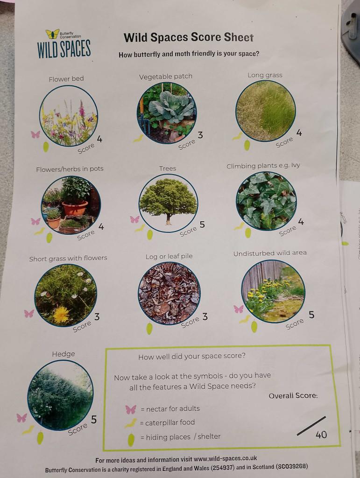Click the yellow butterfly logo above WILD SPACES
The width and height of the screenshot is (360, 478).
[x=52, y=34]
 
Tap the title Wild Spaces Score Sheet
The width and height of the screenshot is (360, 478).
[x=188, y=37]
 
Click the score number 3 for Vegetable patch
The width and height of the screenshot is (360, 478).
[x=200, y=135]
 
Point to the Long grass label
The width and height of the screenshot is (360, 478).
[x=265, y=75]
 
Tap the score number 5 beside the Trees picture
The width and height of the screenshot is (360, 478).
[x=202, y=225]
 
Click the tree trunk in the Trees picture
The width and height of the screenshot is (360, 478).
[x=169, y=219]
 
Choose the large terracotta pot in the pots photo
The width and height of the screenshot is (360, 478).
[x=75, y=208]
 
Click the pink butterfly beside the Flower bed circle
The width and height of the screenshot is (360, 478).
[x=35, y=134]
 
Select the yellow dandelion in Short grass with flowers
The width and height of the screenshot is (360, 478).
[x=61, y=315]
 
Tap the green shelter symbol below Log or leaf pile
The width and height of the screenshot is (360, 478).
[x=149, y=329]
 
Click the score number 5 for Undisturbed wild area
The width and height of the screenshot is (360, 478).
[x=311, y=315]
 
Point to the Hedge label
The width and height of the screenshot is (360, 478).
[x=64, y=354]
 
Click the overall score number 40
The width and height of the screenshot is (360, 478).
[x=321, y=435]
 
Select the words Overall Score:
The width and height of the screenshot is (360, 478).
[x=293, y=396]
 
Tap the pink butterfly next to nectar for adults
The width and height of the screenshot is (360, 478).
[x=131, y=409]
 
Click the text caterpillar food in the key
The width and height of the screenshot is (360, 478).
[x=170, y=422]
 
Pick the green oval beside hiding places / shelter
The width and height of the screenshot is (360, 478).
[x=131, y=440]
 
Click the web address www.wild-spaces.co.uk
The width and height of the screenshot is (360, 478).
[x=225, y=458]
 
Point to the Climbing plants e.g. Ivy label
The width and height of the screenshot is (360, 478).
[x=263, y=166]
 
